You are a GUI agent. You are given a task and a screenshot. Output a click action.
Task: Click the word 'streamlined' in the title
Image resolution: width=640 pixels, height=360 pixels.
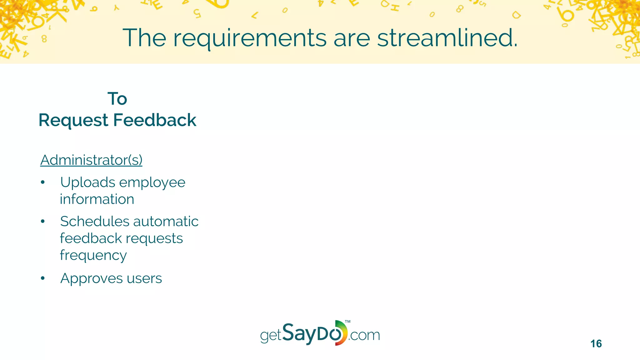pos(447,38)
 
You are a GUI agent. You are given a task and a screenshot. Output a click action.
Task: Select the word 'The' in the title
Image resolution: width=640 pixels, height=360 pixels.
pos(144,38)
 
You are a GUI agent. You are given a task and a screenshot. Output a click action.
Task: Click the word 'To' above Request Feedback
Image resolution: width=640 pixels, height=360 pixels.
pos(117,99)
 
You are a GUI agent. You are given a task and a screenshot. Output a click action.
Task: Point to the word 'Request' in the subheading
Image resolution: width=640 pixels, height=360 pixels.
pos(73,121)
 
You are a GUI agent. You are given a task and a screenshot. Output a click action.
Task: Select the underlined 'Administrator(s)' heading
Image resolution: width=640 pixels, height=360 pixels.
pos(91,160)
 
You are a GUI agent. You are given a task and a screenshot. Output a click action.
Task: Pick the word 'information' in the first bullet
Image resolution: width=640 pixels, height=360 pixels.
pos(97,199)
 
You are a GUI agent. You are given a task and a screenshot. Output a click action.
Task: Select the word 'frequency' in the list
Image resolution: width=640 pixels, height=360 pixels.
pos(93,255)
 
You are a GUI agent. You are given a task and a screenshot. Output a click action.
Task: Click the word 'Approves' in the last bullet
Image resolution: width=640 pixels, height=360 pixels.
pos(91,278)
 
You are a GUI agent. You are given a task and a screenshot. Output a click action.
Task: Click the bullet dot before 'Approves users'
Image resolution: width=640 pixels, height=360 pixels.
pos(43,278)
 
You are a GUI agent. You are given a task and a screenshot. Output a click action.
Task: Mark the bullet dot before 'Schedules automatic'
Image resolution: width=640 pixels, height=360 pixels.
pos(43,222)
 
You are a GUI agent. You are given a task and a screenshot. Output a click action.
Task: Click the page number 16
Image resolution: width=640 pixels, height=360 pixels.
pos(596,344)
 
